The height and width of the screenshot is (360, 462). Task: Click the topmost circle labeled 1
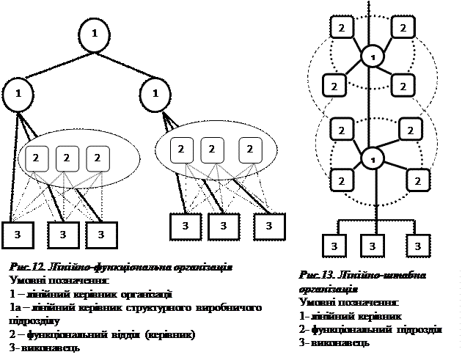[x=95, y=34]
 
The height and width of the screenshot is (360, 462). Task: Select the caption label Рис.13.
[x=317, y=275]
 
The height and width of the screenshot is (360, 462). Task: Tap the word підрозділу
[x=32, y=320]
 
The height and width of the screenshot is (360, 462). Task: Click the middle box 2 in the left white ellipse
[x=67, y=157]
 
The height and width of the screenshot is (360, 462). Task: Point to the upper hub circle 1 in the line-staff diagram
[x=373, y=56]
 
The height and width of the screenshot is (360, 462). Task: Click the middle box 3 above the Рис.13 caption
[x=373, y=245]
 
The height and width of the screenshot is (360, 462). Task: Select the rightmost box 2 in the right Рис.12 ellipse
[x=250, y=150]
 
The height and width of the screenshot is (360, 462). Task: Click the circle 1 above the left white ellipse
[x=18, y=93]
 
